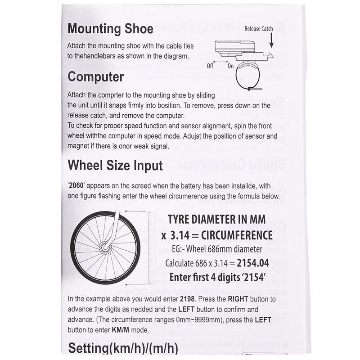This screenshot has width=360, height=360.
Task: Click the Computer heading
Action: [95, 76]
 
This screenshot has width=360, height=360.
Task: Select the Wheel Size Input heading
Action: [115, 165]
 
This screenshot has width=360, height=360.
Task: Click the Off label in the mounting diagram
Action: [210, 66]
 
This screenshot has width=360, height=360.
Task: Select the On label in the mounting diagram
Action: [231, 66]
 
